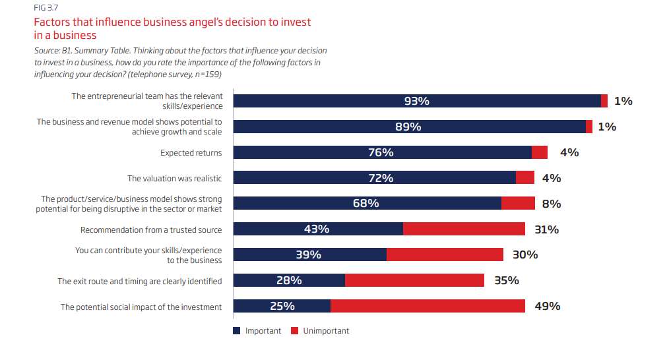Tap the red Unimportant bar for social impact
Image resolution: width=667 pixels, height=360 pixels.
coord(428,306)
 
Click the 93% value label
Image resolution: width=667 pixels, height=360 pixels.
coord(416,101)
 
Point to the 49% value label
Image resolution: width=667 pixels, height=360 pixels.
coord(547,306)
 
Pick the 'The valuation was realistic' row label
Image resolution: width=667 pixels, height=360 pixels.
coord(174,178)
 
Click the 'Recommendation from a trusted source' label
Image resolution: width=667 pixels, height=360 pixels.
coord(151,229)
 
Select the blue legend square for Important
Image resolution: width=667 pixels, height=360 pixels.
coord(237,330)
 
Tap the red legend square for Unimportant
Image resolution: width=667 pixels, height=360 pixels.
coord(295,330)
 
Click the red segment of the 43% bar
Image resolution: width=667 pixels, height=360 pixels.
coord(464,229)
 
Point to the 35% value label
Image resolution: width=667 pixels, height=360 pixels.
coord(506,280)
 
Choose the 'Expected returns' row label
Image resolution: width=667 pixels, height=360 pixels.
coord(191,152)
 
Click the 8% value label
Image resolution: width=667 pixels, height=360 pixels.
coord(551,204)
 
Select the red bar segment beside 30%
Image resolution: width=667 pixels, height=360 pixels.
coord(445,255)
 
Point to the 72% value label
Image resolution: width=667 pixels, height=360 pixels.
coord(381,178)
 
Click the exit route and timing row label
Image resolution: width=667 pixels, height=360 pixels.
coord(139,281)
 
